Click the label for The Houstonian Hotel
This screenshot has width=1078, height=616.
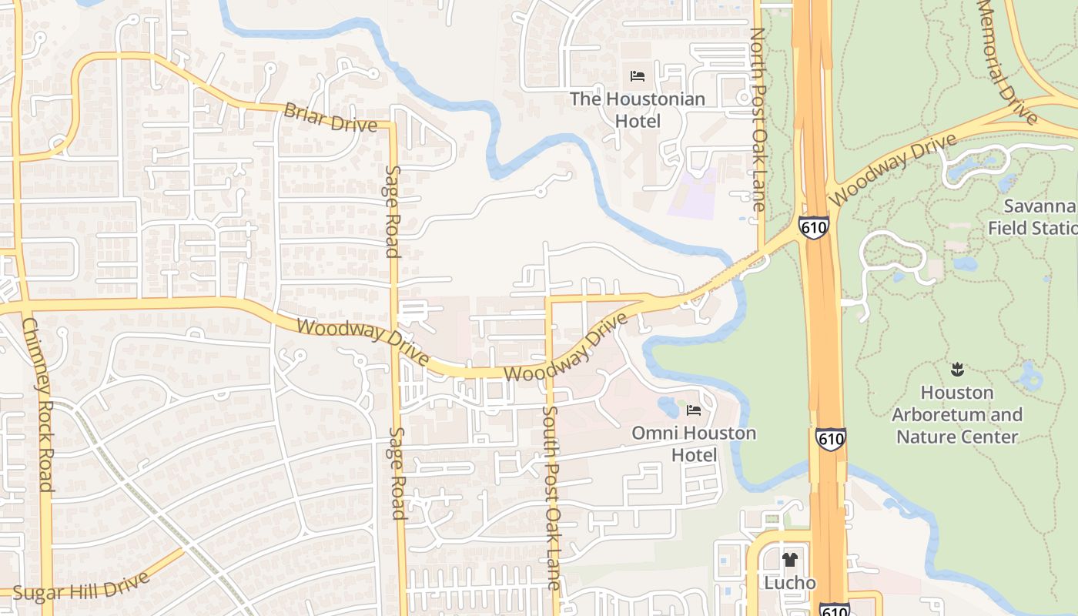tap(637, 110)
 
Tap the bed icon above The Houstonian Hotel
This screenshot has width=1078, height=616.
tap(637, 76)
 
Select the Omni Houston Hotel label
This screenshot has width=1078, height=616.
tap(693, 444)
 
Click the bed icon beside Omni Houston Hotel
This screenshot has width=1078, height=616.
tap(693, 410)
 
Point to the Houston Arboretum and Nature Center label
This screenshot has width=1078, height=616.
tap(957, 414)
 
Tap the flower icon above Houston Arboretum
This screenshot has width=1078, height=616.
tap(957, 369)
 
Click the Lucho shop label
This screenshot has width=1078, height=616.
tap(789, 583)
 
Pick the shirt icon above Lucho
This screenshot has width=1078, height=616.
tap(789, 560)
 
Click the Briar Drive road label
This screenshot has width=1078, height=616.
tap(330, 117)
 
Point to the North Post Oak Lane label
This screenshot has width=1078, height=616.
tap(758, 119)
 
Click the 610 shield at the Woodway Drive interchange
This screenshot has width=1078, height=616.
tap(813, 226)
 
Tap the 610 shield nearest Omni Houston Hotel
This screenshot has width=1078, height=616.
tap(831, 439)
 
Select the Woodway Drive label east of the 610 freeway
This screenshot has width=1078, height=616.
tap(893, 169)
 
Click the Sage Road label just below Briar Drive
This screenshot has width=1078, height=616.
tap(393, 211)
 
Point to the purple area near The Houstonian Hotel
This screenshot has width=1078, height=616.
tap(692, 192)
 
